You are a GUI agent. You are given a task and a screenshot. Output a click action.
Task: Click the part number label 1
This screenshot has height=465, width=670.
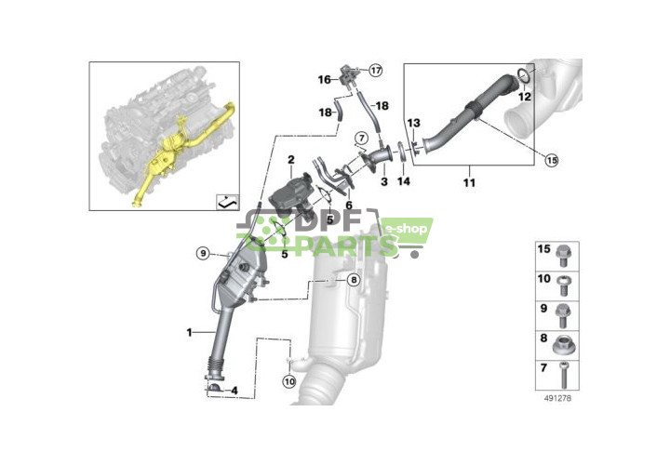[189, 331]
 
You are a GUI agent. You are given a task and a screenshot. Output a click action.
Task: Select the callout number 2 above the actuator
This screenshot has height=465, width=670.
[291, 161]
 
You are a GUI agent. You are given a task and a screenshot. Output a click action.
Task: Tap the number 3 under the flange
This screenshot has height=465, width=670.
[383, 183]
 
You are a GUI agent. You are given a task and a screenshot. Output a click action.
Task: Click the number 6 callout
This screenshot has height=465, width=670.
[350, 206]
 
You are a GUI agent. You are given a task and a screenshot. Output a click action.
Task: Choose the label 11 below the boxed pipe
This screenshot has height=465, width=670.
[469, 181]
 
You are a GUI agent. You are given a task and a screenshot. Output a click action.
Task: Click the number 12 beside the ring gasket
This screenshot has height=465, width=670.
[525, 96]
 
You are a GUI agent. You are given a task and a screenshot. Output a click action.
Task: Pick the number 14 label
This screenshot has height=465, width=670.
[403, 181]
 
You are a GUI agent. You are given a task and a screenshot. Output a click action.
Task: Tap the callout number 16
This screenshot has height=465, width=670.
[325, 80]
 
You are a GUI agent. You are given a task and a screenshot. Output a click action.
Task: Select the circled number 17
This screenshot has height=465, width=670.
[375, 70]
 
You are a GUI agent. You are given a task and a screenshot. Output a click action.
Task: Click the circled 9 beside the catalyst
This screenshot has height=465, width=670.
[202, 254]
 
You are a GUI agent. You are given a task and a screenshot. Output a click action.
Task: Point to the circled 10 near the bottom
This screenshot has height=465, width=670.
[288, 379]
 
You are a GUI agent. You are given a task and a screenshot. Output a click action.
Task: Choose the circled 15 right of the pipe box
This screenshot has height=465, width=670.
[551, 160]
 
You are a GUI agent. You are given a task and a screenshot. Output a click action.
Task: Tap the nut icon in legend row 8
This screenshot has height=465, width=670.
[565, 345]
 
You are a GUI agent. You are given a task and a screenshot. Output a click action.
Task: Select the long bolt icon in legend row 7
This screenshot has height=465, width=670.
[565, 376]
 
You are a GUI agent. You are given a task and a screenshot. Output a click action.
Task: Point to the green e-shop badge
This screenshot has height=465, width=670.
[405, 229]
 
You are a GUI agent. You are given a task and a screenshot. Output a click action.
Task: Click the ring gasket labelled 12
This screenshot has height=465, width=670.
[525, 73]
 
